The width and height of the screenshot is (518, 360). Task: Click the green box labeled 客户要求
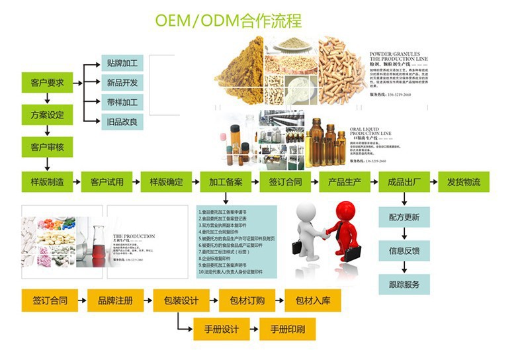(x=47, y=83)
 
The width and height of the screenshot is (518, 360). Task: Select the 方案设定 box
(x=47, y=115)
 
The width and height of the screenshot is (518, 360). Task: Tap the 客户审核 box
(x=47, y=147)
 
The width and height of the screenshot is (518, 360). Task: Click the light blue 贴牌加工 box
(x=122, y=64)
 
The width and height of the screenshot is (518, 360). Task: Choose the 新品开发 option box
(x=122, y=83)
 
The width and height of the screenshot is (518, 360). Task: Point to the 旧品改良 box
(x=122, y=121)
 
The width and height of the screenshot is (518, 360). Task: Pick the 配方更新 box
(x=404, y=217)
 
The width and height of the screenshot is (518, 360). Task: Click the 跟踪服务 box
(x=404, y=285)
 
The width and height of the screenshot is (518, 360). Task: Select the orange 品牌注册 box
(x=115, y=300)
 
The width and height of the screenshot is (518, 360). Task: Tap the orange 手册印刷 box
(x=287, y=329)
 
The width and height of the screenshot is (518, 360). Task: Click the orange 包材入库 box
(x=312, y=300)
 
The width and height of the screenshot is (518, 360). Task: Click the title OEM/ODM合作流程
(x=228, y=21)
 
